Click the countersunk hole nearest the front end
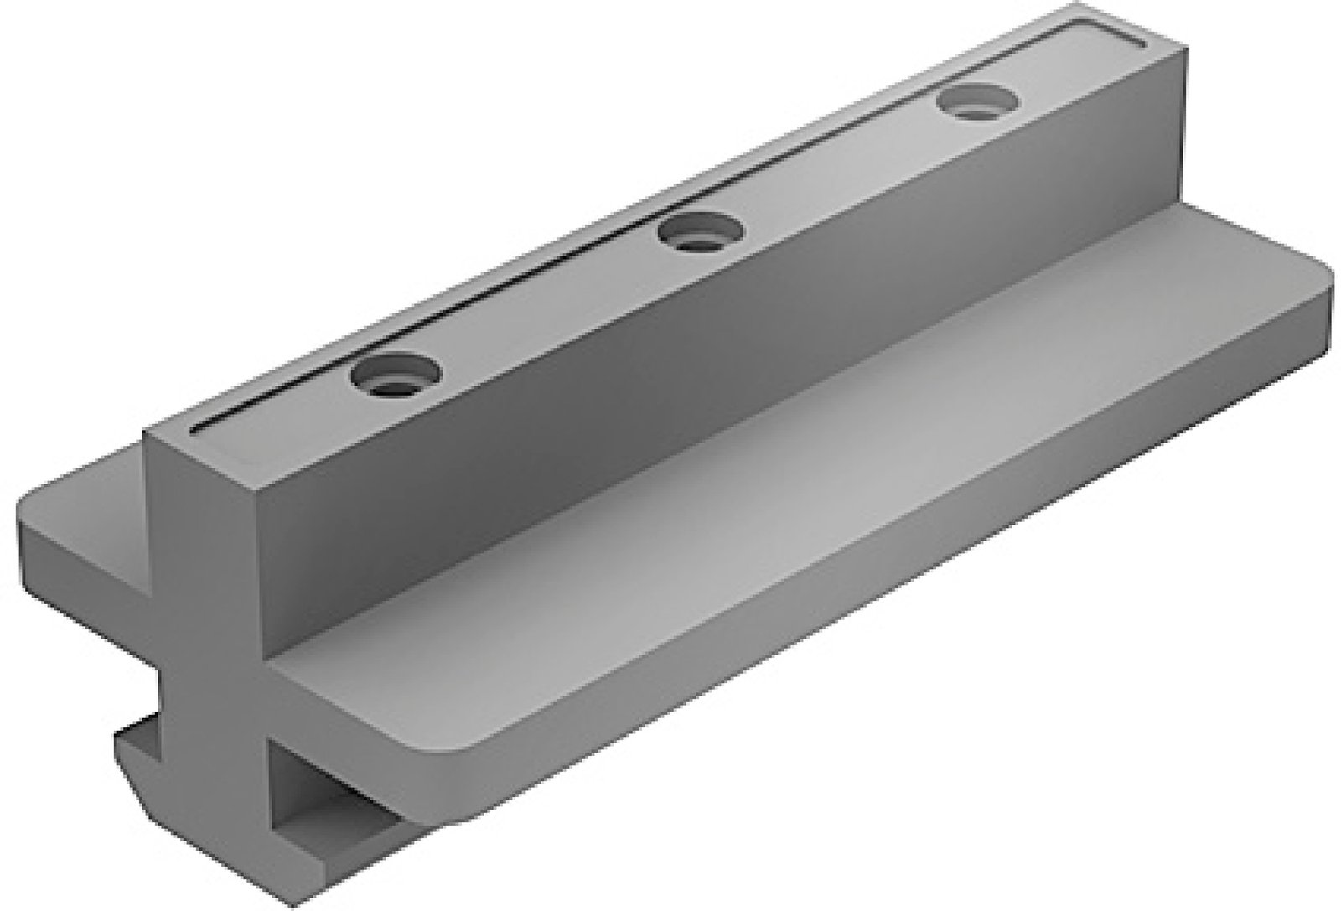[x=396, y=374]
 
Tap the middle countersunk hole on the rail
[x=700, y=231]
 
